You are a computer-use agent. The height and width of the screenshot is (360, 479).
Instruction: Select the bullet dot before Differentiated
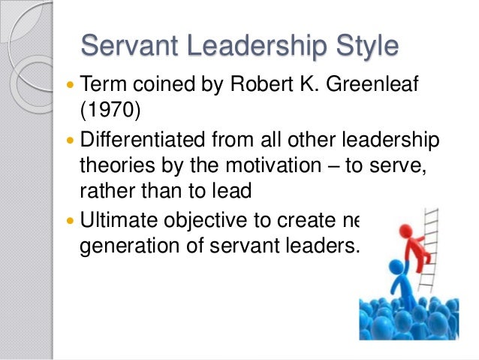click(70, 140)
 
